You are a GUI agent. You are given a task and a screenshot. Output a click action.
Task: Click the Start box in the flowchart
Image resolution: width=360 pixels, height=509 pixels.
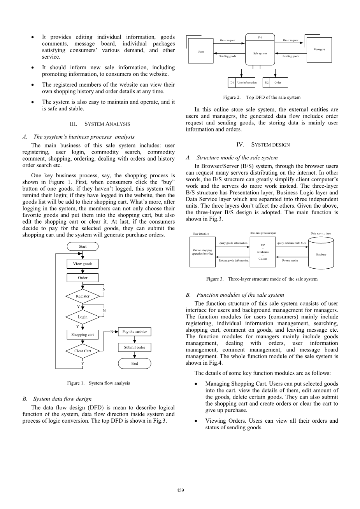(83, 247)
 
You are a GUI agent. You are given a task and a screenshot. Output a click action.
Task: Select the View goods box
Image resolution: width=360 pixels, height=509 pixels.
(83, 264)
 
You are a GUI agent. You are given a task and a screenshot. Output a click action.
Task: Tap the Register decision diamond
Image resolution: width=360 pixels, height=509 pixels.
(83, 296)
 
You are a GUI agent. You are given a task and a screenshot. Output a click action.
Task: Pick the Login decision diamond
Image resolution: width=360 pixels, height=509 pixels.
(83, 317)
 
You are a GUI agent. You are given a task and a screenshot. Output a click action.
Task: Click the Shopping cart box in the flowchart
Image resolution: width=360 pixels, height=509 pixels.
(83, 334)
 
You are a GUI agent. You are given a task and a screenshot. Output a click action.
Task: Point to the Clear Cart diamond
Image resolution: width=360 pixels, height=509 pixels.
(83, 351)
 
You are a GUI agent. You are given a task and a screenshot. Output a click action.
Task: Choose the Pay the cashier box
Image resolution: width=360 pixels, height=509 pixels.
(134, 332)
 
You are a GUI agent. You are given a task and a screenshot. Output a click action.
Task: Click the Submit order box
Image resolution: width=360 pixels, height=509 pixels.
(134, 347)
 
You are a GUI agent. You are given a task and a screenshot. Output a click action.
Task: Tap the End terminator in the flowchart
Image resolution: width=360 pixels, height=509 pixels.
(134, 364)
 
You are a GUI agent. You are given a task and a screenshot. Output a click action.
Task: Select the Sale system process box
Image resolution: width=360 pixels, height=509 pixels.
(260, 51)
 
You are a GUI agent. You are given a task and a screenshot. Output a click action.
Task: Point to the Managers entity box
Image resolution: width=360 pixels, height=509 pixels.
(319, 49)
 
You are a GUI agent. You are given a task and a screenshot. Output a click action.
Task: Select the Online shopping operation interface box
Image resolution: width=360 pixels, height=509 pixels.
(202, 252)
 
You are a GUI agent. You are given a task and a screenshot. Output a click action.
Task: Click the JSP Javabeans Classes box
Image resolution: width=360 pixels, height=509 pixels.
(263, 252)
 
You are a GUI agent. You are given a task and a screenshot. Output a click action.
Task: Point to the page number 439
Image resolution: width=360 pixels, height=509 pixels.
(180, 490)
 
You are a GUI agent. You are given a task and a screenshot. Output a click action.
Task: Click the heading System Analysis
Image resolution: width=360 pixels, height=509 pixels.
(100, 124)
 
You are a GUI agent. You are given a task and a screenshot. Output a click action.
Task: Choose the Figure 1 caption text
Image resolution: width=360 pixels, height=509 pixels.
(98, 383)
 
